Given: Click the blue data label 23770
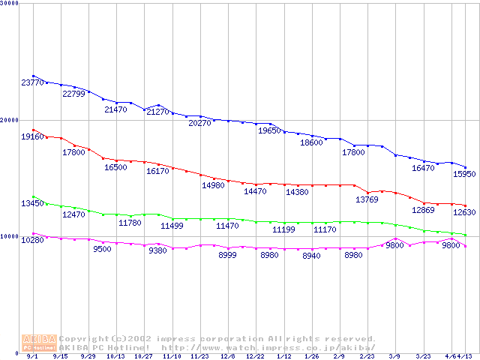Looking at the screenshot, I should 33,82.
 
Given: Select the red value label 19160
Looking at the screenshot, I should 33,137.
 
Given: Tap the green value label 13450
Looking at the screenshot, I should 33,203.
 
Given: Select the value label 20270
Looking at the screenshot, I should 199,123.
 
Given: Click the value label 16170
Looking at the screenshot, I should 157,172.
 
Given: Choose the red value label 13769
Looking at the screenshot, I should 367,199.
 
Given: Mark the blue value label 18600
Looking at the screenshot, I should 311,142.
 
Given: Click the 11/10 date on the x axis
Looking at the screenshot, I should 172,357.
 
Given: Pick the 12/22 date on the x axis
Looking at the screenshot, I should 256,357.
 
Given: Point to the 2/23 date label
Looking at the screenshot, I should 367,357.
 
